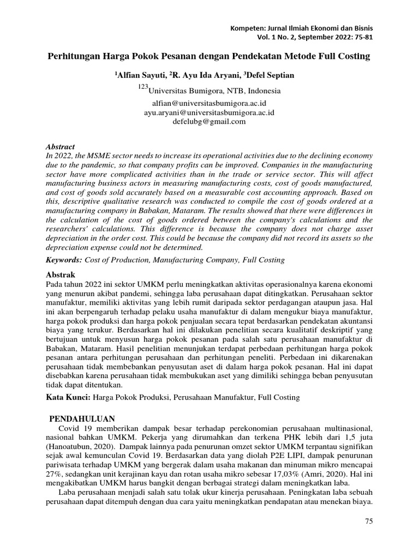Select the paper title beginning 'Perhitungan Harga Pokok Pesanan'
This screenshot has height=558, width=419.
tap(209, 57)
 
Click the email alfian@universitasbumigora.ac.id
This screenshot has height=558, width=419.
tap(209, 103)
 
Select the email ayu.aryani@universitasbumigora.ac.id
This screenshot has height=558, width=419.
tap(209, 112)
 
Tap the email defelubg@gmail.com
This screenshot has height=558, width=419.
tap(209, 122)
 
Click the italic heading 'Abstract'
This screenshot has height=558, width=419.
tap(58, 147)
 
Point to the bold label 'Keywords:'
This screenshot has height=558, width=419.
tap(62, 260)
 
